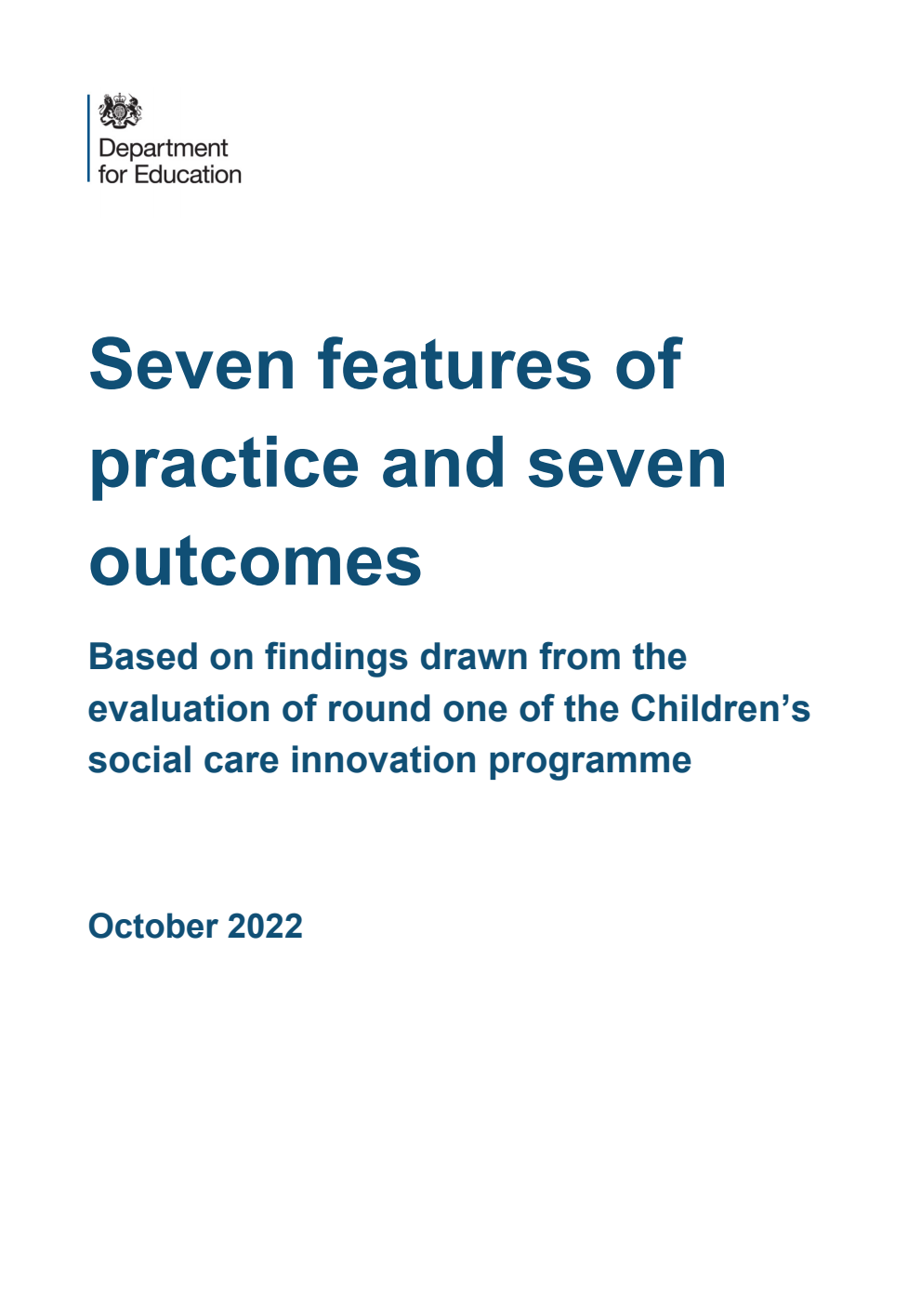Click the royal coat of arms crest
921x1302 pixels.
pos(120,112)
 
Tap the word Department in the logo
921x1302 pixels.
pos(163,149)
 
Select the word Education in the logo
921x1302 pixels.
pos(188,175)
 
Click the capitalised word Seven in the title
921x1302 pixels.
pos(192,364)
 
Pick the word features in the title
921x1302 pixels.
pos(455,364)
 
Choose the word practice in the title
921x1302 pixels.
pos(224,465)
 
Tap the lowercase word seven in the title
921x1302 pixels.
pos(626,465)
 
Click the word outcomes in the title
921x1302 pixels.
pos(256,562)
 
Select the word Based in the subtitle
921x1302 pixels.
pos(143,657)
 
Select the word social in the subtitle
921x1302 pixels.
pos(127,760)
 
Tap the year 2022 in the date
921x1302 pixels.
pos(265,927)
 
